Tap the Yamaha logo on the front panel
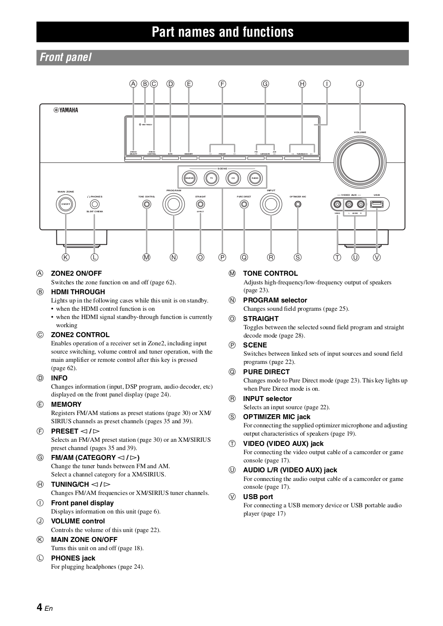click(x=66, y=110)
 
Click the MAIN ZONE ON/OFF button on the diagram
click(x=66, y=204)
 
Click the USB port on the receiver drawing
click(x=377, y=204)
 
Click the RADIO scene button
click(x=255, y=178)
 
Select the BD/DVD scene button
click(x=190, y=178)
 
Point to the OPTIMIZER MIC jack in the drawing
click(x=298, y=204)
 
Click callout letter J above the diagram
click(x=360, y=84)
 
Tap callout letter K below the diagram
click(x=65, y=257)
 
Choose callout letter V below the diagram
click(x=377, y=257)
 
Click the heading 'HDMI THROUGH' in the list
click(x=78, y=292)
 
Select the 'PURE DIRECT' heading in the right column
click(x=266, y=372)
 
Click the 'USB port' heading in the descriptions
click(x=258, y=497)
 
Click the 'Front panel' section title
click(x=66, y=58)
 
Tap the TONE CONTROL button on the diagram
click(x=147, y=204)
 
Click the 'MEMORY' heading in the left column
click(x=66, y=404)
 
